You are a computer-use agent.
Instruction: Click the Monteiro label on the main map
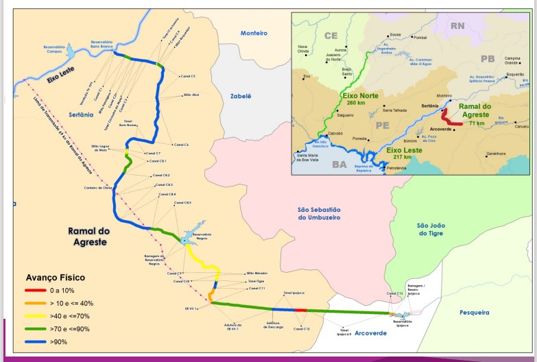pos(254,33)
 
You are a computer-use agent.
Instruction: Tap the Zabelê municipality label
pos(241,96)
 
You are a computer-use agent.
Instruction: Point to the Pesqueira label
pos(475,312)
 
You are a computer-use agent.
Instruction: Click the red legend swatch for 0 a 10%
pos(35,291)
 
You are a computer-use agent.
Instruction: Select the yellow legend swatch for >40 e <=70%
pos(35,316)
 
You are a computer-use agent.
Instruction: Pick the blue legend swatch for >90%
pos(35,342)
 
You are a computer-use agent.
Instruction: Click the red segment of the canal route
pos(300,310)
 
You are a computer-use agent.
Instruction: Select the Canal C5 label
pos(187,76)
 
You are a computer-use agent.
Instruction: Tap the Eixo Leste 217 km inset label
pos(403,152)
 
